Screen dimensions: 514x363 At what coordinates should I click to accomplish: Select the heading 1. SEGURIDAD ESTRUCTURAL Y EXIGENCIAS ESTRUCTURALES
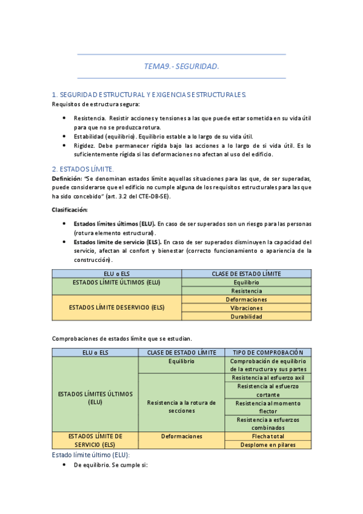click(x=149, y=95)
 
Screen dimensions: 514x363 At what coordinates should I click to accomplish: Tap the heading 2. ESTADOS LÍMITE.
click(x=83, y=169)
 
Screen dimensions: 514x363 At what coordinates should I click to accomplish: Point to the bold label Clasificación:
click(x=70, y=210)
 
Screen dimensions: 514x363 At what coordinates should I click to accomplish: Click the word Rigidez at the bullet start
click(x=84, y=145)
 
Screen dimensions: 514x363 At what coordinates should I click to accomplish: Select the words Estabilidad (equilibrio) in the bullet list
click(x=99, y=136)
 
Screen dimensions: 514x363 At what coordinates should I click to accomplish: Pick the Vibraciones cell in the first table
click(x=246, y=308)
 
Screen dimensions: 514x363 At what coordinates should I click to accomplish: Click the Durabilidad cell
click(x=246, y=316)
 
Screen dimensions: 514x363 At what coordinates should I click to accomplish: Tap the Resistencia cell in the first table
click(x=246, y=291)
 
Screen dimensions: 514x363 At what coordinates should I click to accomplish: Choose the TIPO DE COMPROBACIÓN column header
click(x=267, y=352)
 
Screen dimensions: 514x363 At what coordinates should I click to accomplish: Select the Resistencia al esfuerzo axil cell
click(x=267, y=378)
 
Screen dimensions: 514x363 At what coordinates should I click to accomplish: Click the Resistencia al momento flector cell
click(x=267, y=407)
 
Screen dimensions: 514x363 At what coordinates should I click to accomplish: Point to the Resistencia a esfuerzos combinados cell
click(x=267, y=423)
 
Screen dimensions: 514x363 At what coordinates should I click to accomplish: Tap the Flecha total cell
click(x=267, y=436)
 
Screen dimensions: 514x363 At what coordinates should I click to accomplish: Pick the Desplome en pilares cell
click(x=267, y=444)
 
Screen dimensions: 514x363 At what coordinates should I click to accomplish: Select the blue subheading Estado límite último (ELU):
click(x=91, y=455)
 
